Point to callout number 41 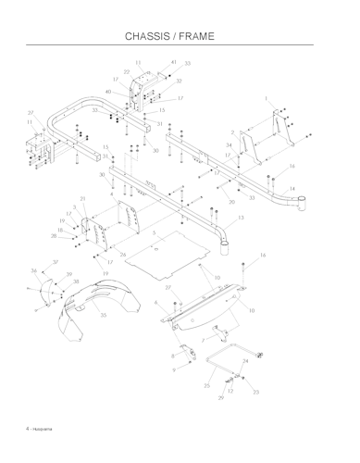[x=174, y=62]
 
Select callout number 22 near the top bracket [x=127, y=71]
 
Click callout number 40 [x=109, y=92]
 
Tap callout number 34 [x=230, y=145]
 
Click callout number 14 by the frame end [x=292, y=188]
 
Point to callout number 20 [x=231, y=202]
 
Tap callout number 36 [x=34, y=270]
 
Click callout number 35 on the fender [x=104, y=316]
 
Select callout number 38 [x=76, y=282]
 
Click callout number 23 [x=255, y=393]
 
